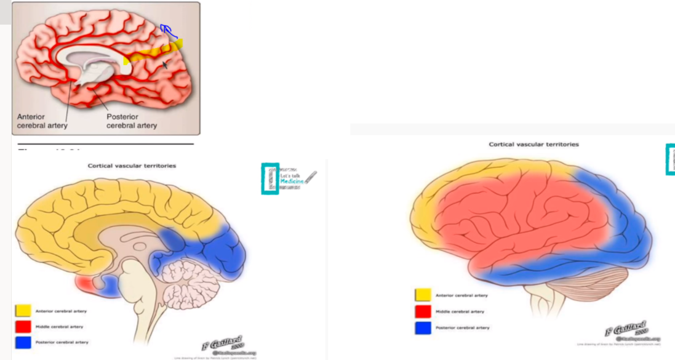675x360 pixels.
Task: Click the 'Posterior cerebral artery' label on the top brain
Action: [x=131, y=121]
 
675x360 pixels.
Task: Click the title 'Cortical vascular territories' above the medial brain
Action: [x=132, y=166]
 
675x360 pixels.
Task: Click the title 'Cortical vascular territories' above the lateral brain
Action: [x=533, y=144]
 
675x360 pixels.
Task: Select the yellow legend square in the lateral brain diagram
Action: [x=423, y=295]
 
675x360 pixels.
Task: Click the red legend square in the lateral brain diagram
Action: [x=423, y=311]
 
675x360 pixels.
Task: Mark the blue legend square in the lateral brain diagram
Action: [x=423, y=327]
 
